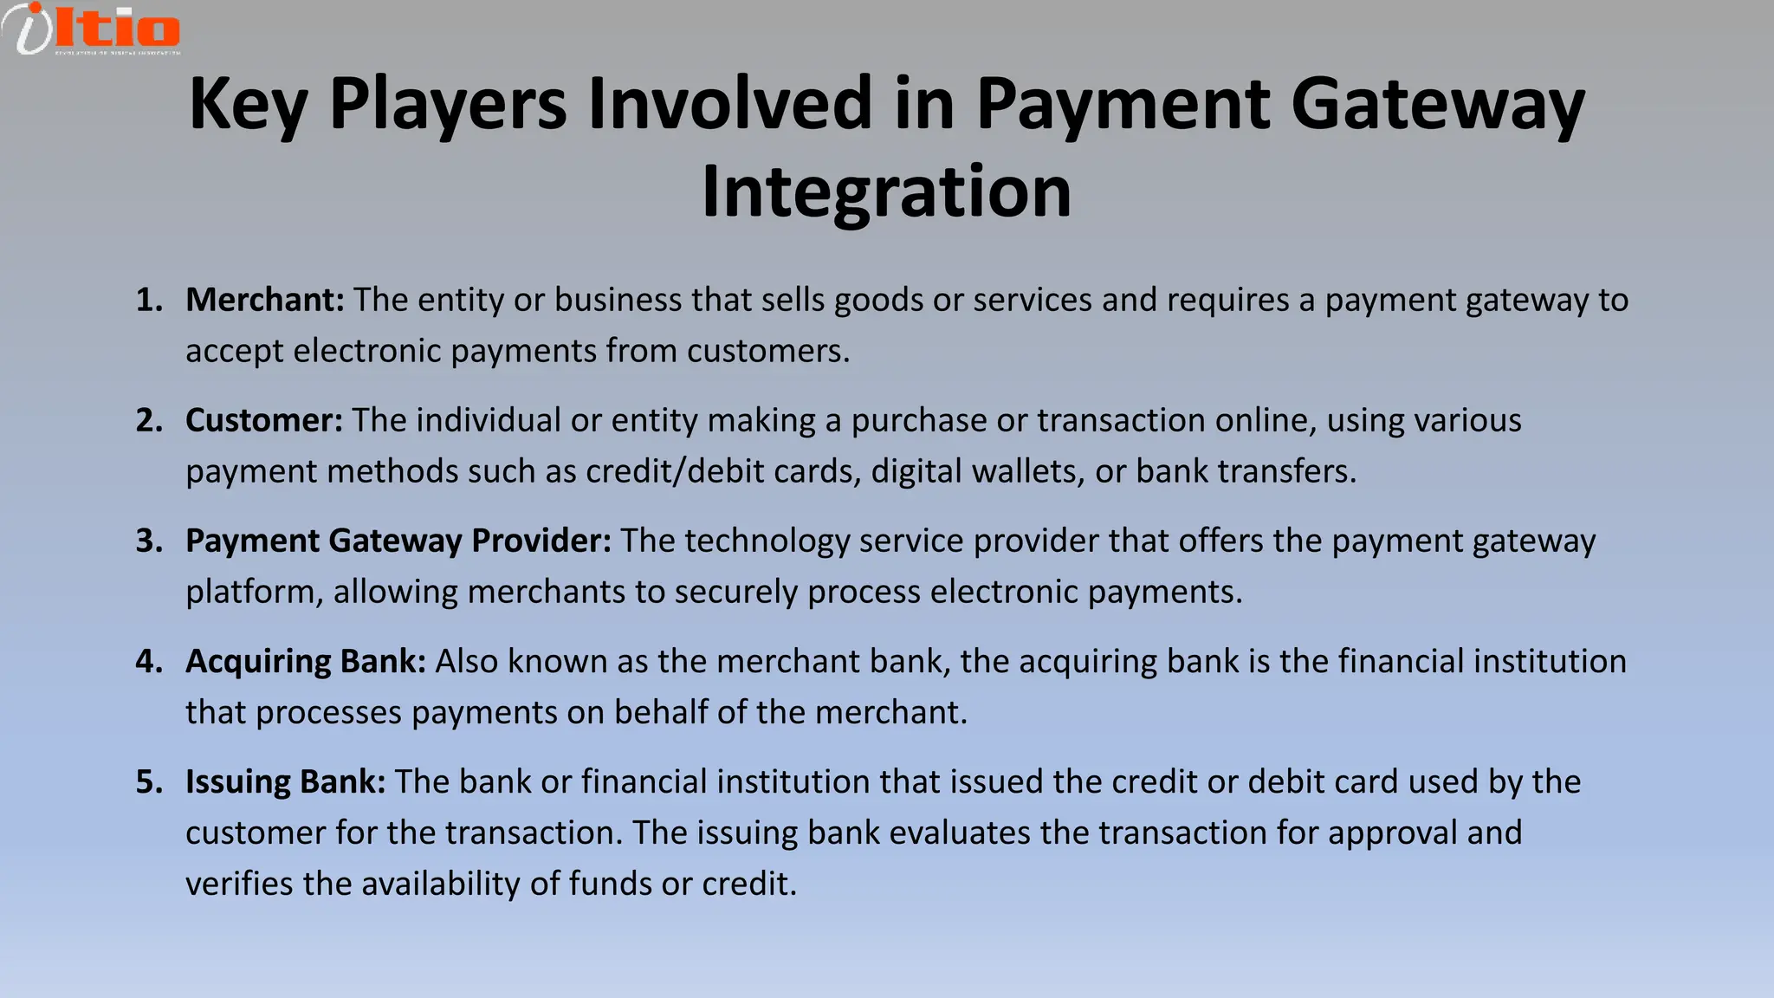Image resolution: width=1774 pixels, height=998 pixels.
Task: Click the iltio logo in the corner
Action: point(92,29)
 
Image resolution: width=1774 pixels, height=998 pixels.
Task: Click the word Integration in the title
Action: point(886,192)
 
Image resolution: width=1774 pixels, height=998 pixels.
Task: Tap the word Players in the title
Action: point(448,104)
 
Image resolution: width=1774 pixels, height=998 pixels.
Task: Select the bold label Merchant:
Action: point(265,300)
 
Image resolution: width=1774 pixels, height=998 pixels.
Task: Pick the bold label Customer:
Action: point(264,420)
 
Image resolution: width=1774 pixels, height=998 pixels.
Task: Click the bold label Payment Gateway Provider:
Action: point(398,541)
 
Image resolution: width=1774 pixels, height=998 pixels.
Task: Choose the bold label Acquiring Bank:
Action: point(306,661)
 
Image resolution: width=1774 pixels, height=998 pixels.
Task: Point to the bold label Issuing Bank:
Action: point(286,781)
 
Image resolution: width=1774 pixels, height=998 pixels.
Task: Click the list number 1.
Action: point(149,300)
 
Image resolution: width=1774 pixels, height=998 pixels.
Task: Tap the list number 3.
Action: point(149,541)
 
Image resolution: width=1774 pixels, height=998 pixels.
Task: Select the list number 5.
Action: point(149,781)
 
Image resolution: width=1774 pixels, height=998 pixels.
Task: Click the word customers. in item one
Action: point(768,351)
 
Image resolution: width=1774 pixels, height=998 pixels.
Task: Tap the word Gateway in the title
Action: point(1438,104)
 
